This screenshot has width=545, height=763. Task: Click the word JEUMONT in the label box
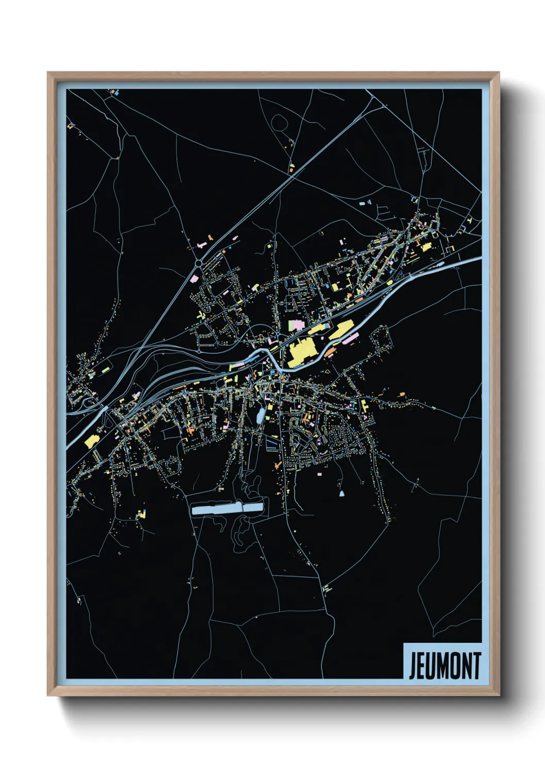point(445,666)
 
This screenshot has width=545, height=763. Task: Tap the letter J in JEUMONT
point(413,666)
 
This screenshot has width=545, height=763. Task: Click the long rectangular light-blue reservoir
point(227,509)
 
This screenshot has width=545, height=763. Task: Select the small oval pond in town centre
point(261,415)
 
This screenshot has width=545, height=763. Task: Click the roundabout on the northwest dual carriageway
point(198,264)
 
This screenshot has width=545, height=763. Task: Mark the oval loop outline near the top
point(279,122)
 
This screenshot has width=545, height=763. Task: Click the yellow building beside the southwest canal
point(92,441)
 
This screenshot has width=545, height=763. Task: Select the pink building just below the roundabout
point(194,278)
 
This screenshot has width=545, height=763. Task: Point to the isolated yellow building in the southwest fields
point(141,514)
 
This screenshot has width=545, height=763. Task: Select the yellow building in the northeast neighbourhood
point(425,247)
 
